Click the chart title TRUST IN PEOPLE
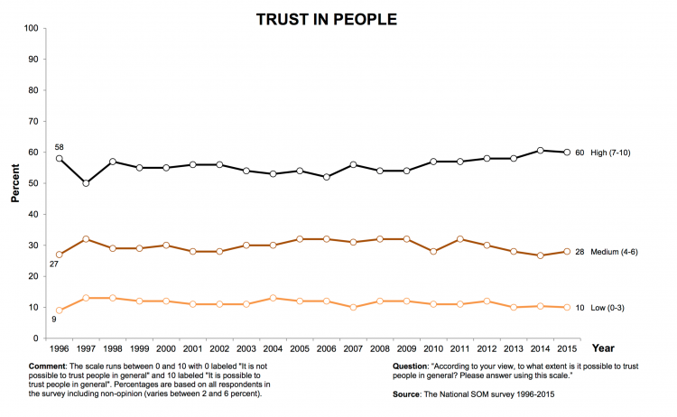tap(326, 18)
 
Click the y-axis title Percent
tap(15, 183)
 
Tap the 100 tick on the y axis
tap(31, 29)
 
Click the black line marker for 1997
tap(87, 183)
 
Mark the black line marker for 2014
tap(542, 150)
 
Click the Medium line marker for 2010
tap(434, 251)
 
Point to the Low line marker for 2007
tap(354, 307)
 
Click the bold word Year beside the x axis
tap(605, 347)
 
